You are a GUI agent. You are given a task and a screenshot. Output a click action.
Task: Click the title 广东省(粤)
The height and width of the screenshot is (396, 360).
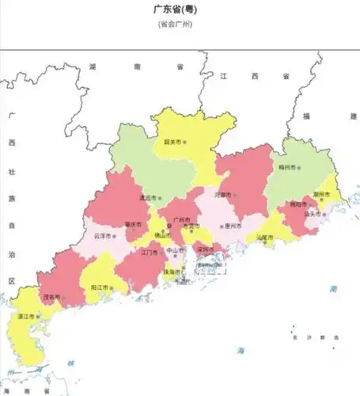tap(176, 10)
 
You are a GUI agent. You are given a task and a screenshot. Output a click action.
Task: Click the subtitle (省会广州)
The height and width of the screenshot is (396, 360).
tap(176, 24)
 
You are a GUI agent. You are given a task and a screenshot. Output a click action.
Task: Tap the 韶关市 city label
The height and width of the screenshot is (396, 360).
tap(172, 143)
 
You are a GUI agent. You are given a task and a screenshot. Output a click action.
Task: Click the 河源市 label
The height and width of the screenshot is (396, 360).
tap(222, 194)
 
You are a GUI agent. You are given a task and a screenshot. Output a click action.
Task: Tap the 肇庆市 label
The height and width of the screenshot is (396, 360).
tap(132, 224)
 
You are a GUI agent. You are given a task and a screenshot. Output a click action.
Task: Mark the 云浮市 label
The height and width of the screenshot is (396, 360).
tap(102, 236)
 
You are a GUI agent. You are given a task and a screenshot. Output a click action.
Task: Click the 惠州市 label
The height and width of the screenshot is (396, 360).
tap(232, 226)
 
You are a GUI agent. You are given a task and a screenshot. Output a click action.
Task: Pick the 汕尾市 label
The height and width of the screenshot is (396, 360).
tap(263, 238)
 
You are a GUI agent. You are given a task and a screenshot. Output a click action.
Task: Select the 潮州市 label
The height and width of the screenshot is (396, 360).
tap(321, 194)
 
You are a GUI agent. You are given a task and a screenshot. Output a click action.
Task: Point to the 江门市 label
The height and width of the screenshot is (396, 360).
tap(150, 253)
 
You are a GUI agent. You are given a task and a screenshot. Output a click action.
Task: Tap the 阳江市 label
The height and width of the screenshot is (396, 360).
tap(100, 287)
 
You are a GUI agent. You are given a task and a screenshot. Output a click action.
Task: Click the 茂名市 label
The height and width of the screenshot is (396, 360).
tap(51, 298)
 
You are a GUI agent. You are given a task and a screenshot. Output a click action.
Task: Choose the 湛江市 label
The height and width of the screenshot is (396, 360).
tap(25, 316)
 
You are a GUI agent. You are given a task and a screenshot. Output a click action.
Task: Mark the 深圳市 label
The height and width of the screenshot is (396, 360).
tap(205, 250)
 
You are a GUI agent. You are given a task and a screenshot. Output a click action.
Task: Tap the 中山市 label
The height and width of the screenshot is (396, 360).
tap(173, 251)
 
